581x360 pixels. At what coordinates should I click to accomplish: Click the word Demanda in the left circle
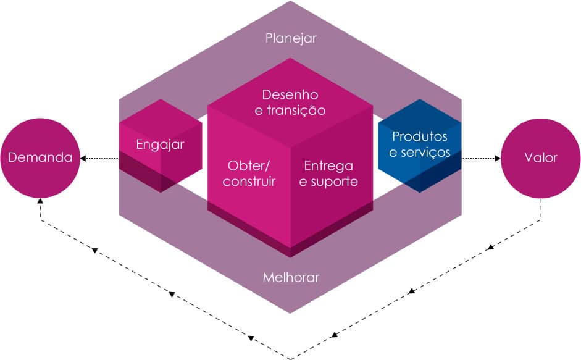point(40,157)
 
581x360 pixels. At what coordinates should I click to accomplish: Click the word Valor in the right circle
point(541,157)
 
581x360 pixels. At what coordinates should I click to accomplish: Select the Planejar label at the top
point(291,38)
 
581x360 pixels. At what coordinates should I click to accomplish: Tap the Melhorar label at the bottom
point(291,277)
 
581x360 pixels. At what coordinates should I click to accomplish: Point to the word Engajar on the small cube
point(160,144)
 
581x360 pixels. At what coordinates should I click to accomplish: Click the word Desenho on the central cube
point(290,95)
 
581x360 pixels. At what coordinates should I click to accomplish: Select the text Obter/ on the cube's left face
point(249,165)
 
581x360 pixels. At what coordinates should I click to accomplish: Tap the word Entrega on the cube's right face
point(328,165)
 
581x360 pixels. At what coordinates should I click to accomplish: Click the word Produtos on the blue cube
point(420,136)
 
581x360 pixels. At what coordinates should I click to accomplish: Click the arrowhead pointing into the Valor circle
point(497,158)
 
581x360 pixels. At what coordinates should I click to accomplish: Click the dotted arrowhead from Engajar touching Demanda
point(84,159)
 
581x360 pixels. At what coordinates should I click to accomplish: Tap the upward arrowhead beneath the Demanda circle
point(40,201)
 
